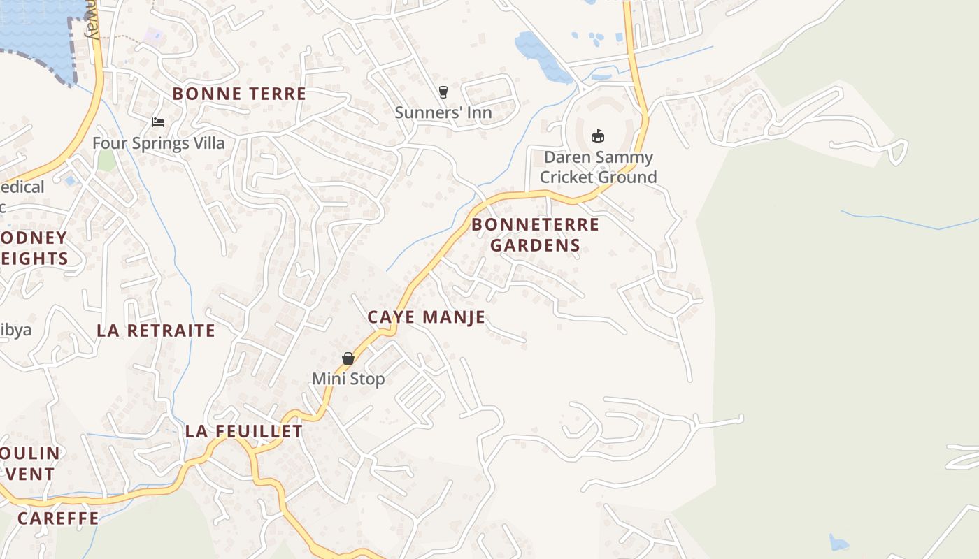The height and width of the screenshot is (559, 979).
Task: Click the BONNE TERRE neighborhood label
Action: tap(239, 94)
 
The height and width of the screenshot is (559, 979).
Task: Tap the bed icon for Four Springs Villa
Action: tap(158, 122)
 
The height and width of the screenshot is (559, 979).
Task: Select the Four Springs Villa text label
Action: tap(159, 143)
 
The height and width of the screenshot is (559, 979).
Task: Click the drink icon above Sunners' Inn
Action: tap(443, 92)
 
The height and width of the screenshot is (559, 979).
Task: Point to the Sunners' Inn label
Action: tap(443, 112)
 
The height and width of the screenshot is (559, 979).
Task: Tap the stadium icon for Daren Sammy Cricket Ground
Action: tap(597, 136)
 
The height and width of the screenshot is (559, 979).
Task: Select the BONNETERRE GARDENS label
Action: tap(535, 235)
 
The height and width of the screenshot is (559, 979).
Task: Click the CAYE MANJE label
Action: tap(426, 317)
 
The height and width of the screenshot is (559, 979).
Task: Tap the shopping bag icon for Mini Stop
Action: tap(348, 358)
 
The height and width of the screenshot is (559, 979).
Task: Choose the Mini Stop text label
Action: tap(348, 379)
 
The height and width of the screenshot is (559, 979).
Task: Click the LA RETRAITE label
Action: tap(156, 331)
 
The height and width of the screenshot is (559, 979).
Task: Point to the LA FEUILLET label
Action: tap(243, 431)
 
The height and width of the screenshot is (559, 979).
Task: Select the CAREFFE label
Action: tap(58, 518)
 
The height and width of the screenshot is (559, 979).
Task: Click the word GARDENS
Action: tap(535, 245)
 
